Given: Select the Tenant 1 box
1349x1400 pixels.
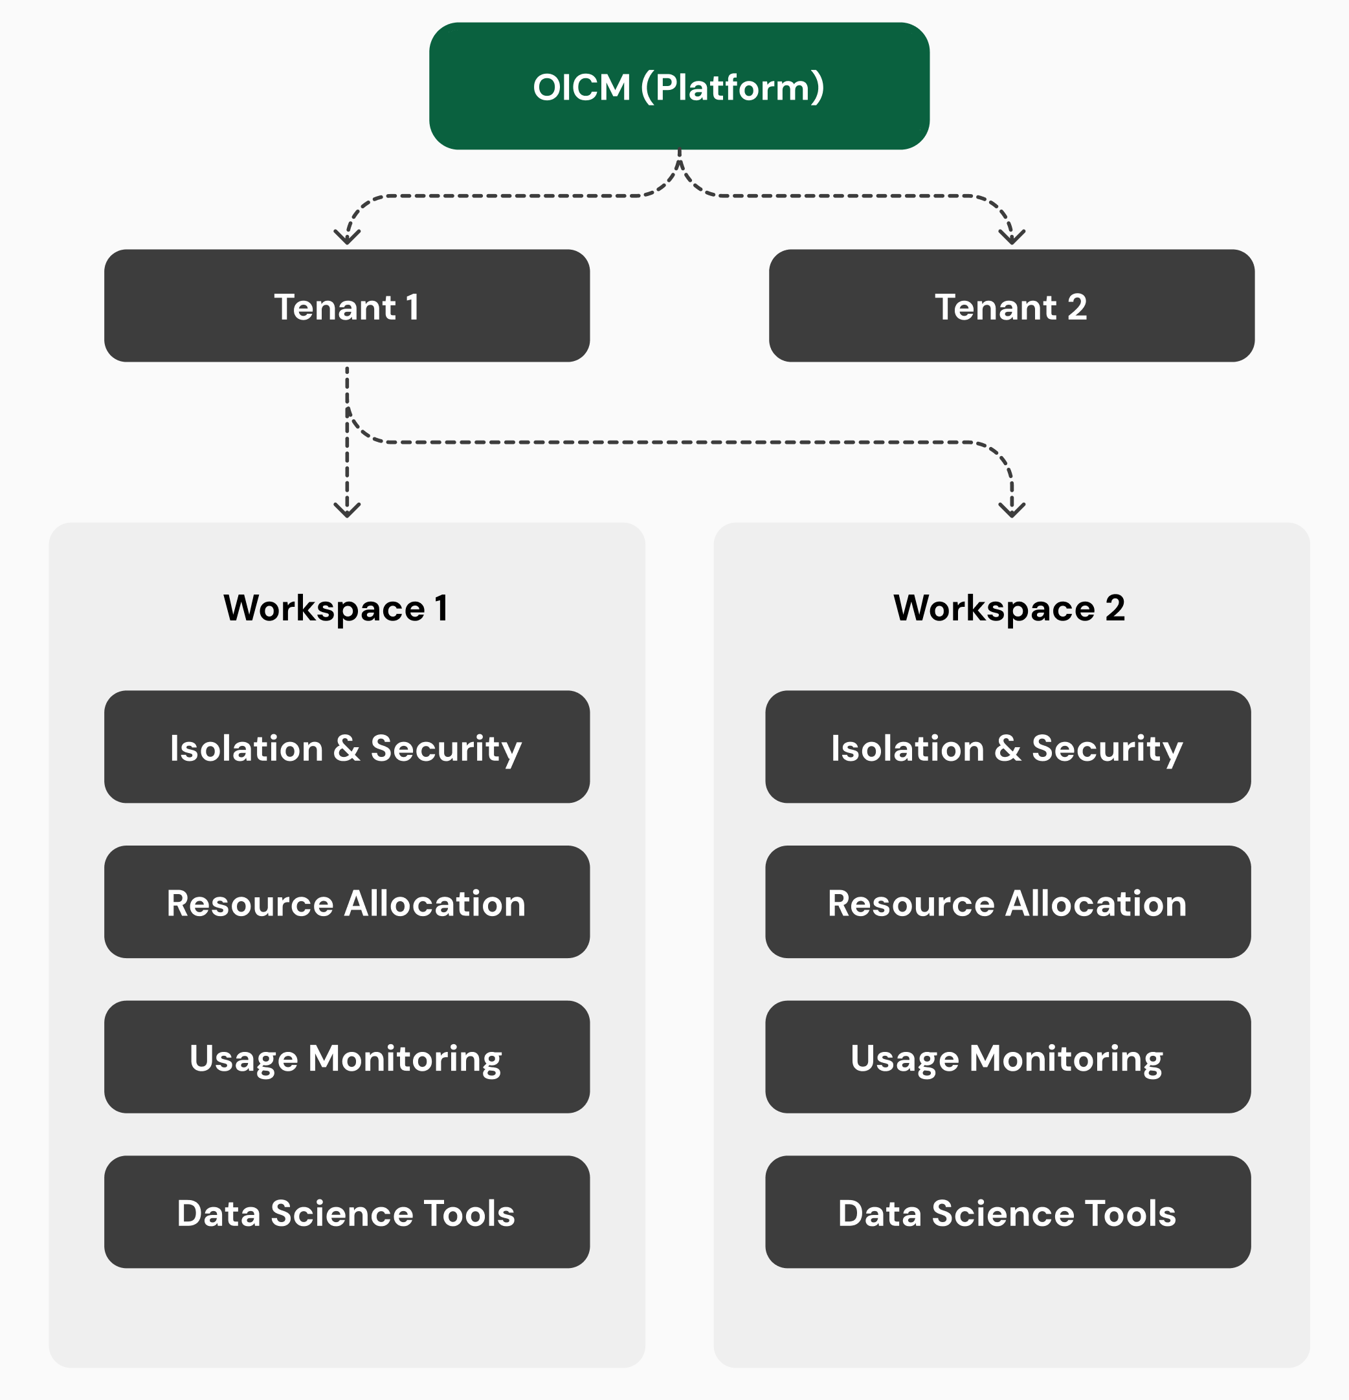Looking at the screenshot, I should pos(346,306).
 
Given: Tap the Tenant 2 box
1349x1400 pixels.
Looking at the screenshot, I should pos(1011,306).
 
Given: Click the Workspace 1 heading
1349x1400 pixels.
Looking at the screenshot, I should pos(336,609).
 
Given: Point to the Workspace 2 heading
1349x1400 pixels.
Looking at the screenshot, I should pos(1009,609).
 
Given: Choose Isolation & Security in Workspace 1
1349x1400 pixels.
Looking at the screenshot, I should pos(346,747).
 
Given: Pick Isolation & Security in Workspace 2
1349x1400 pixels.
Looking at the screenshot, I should pos(1007,747).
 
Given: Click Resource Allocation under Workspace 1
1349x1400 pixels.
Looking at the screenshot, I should pos(346,902).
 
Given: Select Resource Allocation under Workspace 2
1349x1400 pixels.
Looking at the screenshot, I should pos(1007,902).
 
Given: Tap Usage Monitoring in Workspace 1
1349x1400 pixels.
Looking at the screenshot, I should pos(346,1057).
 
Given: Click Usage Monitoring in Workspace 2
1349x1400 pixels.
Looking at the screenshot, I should pos(1007,1057).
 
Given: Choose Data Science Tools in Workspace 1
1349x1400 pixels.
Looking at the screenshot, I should pos(346,1212).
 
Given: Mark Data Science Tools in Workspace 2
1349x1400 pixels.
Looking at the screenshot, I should pos(1007,1212).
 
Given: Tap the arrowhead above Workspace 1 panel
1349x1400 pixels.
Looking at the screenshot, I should pos(347,509).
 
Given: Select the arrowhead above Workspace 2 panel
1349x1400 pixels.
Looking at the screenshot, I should pos(1012,509).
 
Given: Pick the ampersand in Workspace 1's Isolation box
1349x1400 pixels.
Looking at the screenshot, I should pos(346,748).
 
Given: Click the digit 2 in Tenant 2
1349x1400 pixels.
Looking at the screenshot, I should pos(1076,307).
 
